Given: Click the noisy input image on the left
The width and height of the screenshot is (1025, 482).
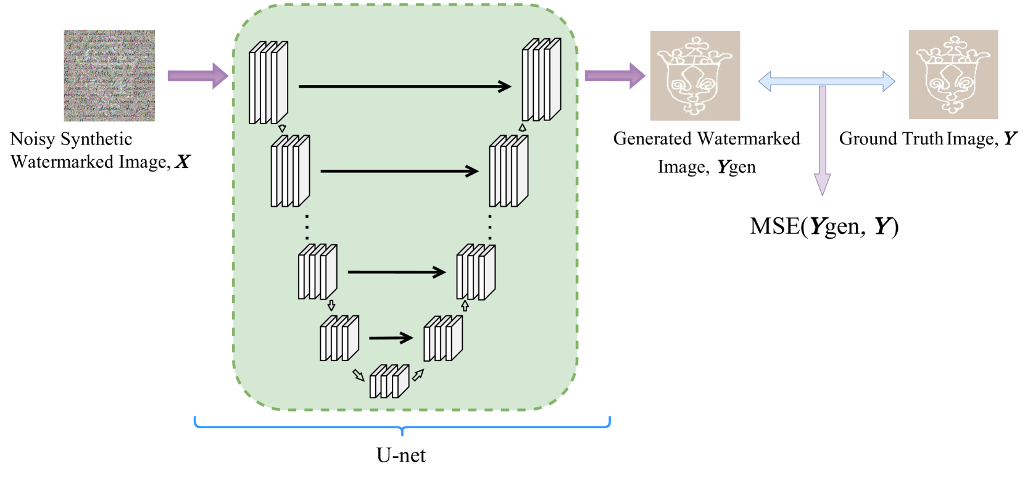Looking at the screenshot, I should pos(109,76).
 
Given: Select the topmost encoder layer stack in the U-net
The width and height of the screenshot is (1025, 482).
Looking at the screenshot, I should pos(268,83).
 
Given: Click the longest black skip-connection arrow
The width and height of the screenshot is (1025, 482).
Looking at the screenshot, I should pos(404,86).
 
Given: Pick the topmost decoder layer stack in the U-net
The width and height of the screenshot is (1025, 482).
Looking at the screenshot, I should pos(541,80).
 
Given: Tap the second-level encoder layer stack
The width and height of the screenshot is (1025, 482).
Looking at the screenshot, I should pos(290,171).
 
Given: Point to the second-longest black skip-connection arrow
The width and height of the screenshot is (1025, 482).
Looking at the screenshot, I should pos(399,172).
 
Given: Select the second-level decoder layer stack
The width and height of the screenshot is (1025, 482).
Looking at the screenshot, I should pos(508,171).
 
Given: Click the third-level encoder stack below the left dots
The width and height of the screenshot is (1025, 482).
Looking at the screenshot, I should pos(317,272).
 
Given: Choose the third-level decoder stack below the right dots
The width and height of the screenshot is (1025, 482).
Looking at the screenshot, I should pos(476,272).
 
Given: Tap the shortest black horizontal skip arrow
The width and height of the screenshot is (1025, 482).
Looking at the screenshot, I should pos(391,338).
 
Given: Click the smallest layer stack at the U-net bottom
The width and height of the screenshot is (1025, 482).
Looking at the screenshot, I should pos(389,381).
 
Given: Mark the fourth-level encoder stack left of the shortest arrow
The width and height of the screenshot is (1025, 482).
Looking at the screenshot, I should pos(339,338).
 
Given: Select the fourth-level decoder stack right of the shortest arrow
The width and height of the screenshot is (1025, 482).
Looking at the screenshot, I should pos(442,338).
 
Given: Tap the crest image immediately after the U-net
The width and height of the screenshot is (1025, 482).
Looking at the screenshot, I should pos(695,76).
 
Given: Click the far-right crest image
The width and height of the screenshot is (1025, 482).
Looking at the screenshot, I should pos(953,75).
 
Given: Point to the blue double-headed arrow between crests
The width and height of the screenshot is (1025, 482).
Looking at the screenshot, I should pos(826,81).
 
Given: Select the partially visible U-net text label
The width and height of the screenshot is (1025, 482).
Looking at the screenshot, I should pos(401,458).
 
